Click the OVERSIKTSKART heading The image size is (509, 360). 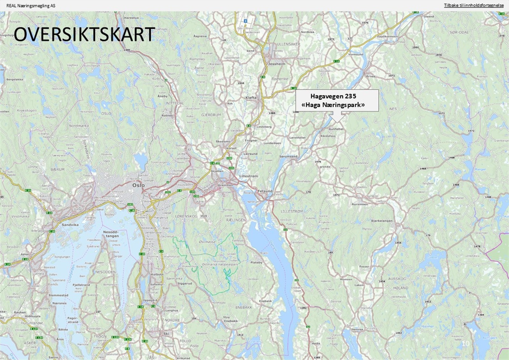pyautogui.click(x=84, y=35)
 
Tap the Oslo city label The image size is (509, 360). pyautogui.click(x=138, y=185)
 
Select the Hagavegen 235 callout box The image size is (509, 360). pyautogui.click(x=337, y=100)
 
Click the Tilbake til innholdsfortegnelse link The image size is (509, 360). pyautogui.click(x=474, y=5)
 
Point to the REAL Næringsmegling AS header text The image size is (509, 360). pyautogui.click(x=31, y=5)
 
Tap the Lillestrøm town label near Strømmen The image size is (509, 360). pyautogui.click(x=248, y=176)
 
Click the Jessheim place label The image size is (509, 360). pyautogui.click(x=277, y=64)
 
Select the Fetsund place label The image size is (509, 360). pyautogui.click(x=265, y=191)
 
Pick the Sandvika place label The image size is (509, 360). pyautogui.click(x=70, y=225)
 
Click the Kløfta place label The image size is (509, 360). pyautogui.click(x=251, y=97)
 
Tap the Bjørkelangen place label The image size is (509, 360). pyautogui.click(x=382, y=221)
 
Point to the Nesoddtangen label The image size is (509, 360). pyautogui.click(x=111, y=234)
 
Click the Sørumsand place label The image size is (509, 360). pyautogui.click(x=288, y=156)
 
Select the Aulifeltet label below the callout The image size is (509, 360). pyautogui.click(x=336, y=129)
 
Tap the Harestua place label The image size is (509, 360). pyautogui.click(x=131, y=18)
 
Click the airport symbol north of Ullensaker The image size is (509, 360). pyautogui.click(x=245, y=21)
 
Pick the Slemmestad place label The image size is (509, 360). pyautogui.click(x=58, y=295)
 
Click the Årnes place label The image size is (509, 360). pyautogui.click(x=370, y=76)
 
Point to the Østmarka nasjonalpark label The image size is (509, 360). pyautogui.click(x=220, y=265)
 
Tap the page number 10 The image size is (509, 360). pyautogui.click(x=465, y=343)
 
